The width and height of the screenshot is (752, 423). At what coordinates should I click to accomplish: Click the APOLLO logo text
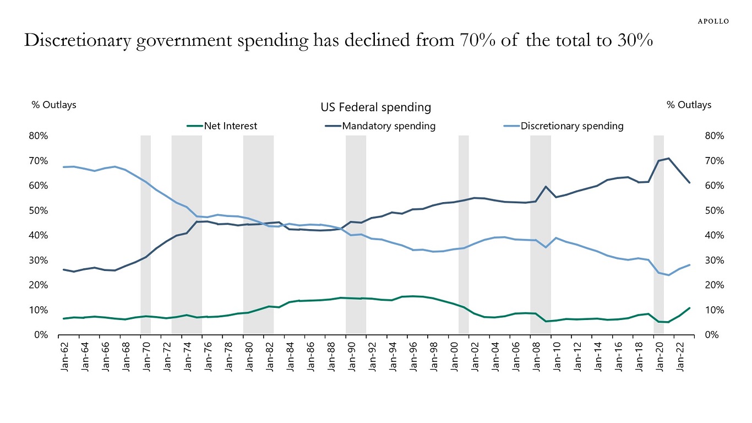[x=713, y=21]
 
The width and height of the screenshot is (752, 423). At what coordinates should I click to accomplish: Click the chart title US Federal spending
[x=375, y=107]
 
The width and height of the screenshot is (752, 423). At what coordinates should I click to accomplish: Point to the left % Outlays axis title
[x=54, y=105]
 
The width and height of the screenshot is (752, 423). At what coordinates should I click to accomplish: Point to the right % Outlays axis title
[x=689, y=105]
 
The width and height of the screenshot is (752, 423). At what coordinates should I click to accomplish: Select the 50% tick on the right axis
[x=713, y=210]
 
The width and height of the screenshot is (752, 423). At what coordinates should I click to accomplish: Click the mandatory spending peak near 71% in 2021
[x=668, y=159]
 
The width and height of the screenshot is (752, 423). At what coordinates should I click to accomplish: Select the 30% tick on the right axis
[x=713, y=260]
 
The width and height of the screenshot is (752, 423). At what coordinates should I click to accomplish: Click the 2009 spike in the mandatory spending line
[x=546, y=187]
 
